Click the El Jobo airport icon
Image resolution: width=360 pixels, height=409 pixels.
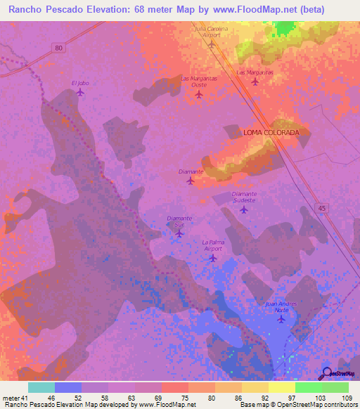coord(79,92)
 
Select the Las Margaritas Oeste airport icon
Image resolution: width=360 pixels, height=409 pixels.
coord(198,94)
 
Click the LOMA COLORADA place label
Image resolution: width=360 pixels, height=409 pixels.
coord(271,132)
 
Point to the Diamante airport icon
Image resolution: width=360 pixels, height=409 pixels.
coord(191,181)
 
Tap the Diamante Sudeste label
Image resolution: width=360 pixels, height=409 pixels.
coord(244,197)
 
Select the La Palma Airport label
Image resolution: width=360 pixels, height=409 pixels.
coord(212,245)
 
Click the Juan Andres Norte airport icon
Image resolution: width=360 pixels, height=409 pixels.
coord(281,319)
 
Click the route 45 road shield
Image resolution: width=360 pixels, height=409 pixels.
coord(321,207)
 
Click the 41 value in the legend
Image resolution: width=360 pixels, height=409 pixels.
coord(23,398)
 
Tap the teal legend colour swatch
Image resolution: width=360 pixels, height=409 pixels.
coord(41,387)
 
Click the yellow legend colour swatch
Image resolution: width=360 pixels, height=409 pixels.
coord(281,387)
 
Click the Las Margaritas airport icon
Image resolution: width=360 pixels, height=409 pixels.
coord(255,82)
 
